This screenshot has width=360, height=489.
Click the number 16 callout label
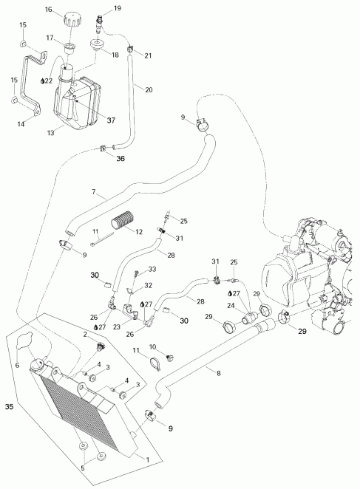[69, 10]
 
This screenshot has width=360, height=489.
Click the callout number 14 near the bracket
[21, 125]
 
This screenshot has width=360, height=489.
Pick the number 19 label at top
[117, 8]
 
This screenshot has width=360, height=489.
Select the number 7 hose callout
[94, 193]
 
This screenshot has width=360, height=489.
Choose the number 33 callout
[153, 270]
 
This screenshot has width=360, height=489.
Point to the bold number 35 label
[10, 406]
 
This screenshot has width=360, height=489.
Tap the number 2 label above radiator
[85, 335]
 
